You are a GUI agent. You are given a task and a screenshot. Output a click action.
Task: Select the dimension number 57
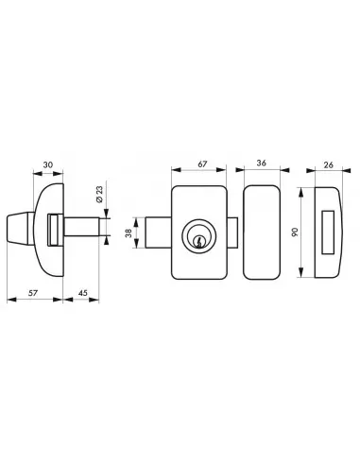33,292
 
